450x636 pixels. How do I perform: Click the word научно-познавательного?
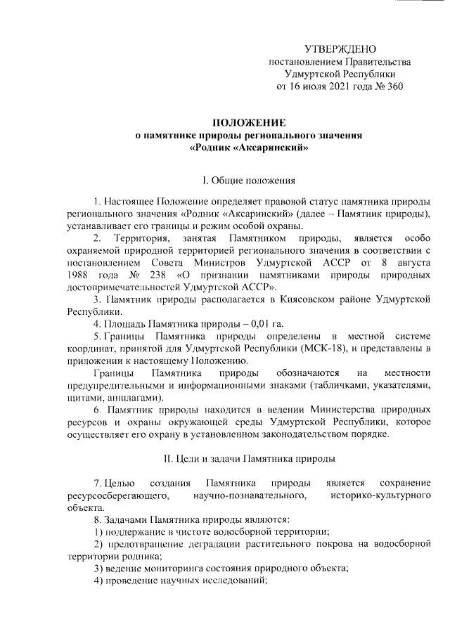pos(252,496)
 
